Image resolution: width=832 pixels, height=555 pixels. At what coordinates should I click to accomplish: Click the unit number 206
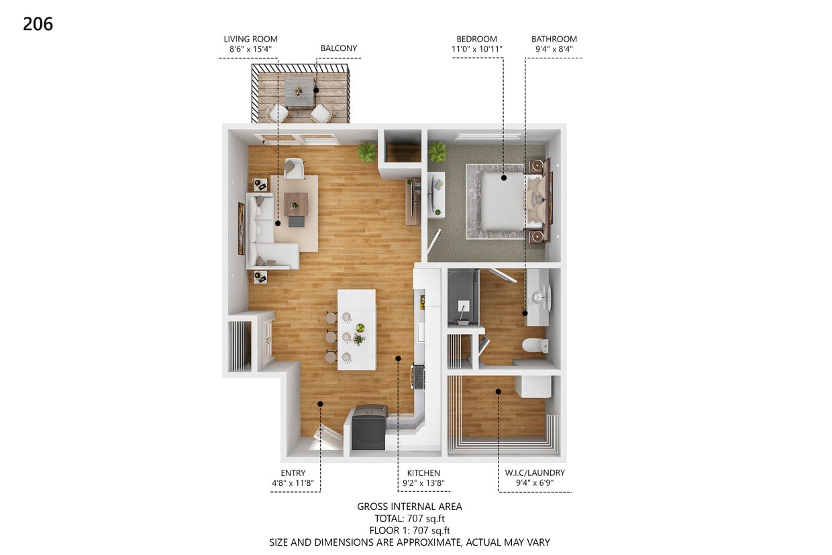tap(38, 24)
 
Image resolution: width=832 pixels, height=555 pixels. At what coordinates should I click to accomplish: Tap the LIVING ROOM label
tap(250, 39)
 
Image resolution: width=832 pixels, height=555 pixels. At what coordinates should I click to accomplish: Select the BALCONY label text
tap(338, 48)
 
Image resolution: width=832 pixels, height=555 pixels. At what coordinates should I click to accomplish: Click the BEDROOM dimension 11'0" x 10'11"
tap(476, 49)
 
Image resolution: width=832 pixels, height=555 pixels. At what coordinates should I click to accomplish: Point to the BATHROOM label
tap(554, 39)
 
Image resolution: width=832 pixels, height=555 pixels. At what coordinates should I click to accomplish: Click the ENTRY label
tap(293, 473)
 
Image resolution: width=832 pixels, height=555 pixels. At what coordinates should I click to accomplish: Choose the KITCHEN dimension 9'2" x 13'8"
tap(423, 483)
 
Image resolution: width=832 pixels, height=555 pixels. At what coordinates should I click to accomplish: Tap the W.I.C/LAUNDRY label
tap(535, 473)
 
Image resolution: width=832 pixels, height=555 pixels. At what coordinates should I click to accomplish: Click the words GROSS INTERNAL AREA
tap(409, 507)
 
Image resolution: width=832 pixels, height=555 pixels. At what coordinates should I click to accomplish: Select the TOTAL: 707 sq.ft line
tap(409, 518)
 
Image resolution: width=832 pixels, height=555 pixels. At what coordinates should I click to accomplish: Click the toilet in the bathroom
tap(535, 346)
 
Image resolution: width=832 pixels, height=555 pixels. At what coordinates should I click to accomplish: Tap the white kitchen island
tap(356, 329)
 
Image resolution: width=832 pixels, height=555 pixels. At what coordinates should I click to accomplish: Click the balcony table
tap(299, 92)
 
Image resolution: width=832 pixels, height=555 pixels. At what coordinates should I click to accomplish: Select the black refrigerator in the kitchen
tap(369, 427)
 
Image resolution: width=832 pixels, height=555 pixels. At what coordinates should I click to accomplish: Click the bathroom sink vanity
tap(538, 297)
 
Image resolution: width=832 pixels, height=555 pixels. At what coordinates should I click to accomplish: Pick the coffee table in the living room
tap(296, 205)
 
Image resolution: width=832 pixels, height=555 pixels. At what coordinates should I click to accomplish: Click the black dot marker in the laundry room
tap(498, 391)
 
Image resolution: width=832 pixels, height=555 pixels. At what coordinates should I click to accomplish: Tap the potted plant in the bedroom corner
tap(437, 151)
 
